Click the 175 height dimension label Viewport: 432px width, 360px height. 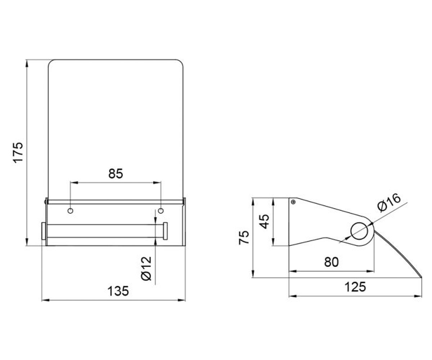(x=18, y=153)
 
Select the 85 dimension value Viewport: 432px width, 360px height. (x=116, y=174)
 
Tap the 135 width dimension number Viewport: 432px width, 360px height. (x=118, y=291)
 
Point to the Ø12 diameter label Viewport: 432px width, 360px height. (x=146, y=268)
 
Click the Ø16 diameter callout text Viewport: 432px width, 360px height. (x=389, y=203)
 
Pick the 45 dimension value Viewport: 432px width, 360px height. (x=264, y=221)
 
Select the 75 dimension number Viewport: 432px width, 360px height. (x=244, y=238)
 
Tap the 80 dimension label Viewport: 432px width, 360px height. (x=331, y=262)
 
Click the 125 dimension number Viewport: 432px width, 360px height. (x=355, y=287)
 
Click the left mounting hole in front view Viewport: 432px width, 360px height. (x=70, y=211)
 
